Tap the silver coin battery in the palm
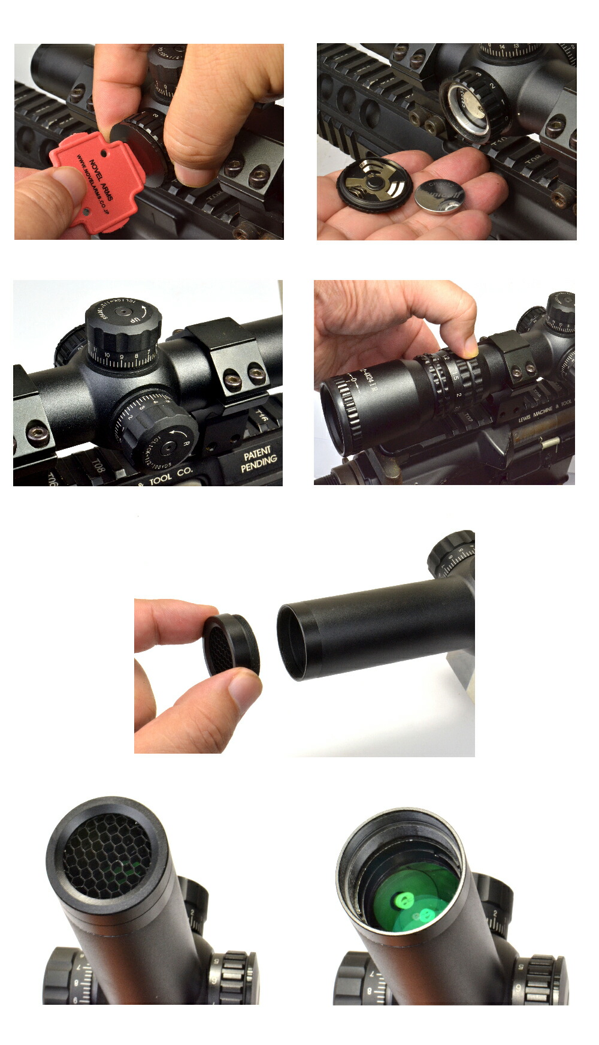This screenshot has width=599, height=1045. tap(439, 197)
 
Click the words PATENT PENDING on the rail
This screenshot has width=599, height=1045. tap(259, 459)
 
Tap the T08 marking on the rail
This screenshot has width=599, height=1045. tap(98, 467)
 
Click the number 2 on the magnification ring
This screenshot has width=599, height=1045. tap(458, 394)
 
